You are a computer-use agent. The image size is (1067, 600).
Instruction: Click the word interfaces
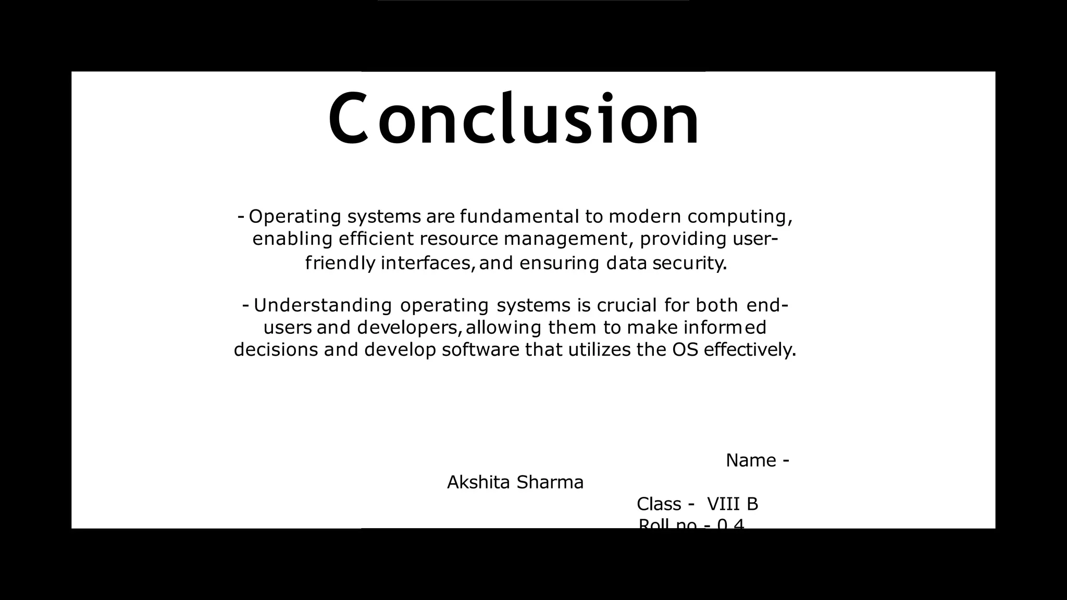point(428,263)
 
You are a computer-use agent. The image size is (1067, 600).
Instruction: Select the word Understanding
point(322,305)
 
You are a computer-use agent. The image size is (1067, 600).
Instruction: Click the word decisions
point(276,349)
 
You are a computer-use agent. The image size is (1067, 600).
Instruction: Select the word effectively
point(750,349)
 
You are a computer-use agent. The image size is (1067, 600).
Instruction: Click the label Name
point(751,460)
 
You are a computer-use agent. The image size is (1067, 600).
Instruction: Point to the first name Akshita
point(478,482)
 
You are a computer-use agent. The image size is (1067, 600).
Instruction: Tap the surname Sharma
point(550,482)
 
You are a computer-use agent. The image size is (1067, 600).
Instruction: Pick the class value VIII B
point(732,504)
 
